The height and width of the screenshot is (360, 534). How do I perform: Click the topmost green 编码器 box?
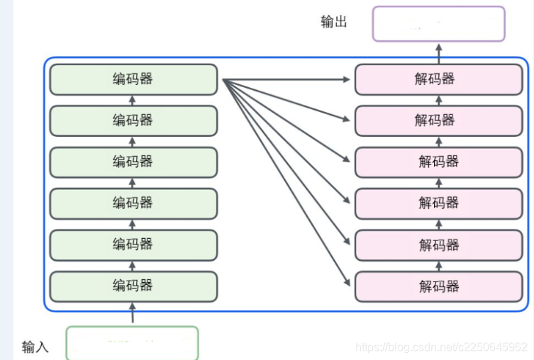coord(133,79)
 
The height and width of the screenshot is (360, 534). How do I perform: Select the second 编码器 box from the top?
coord(133,120)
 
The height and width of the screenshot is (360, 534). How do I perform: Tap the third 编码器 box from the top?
coord(133,162)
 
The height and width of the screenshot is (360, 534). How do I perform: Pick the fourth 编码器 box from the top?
coord(133,203)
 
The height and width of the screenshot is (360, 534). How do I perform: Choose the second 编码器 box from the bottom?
coord(133,244)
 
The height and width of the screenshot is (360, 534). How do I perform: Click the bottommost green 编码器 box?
coord(133,286)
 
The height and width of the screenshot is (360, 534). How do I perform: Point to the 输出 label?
coord(334,22)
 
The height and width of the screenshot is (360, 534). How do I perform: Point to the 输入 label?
coord(35,347)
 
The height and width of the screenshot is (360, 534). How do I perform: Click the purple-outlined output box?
coord(438,24)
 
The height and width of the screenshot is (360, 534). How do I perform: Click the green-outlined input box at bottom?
coord(132,343)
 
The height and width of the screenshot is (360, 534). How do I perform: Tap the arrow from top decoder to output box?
coord(438,53)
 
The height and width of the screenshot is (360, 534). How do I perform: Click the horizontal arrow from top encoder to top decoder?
coord(287,79)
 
